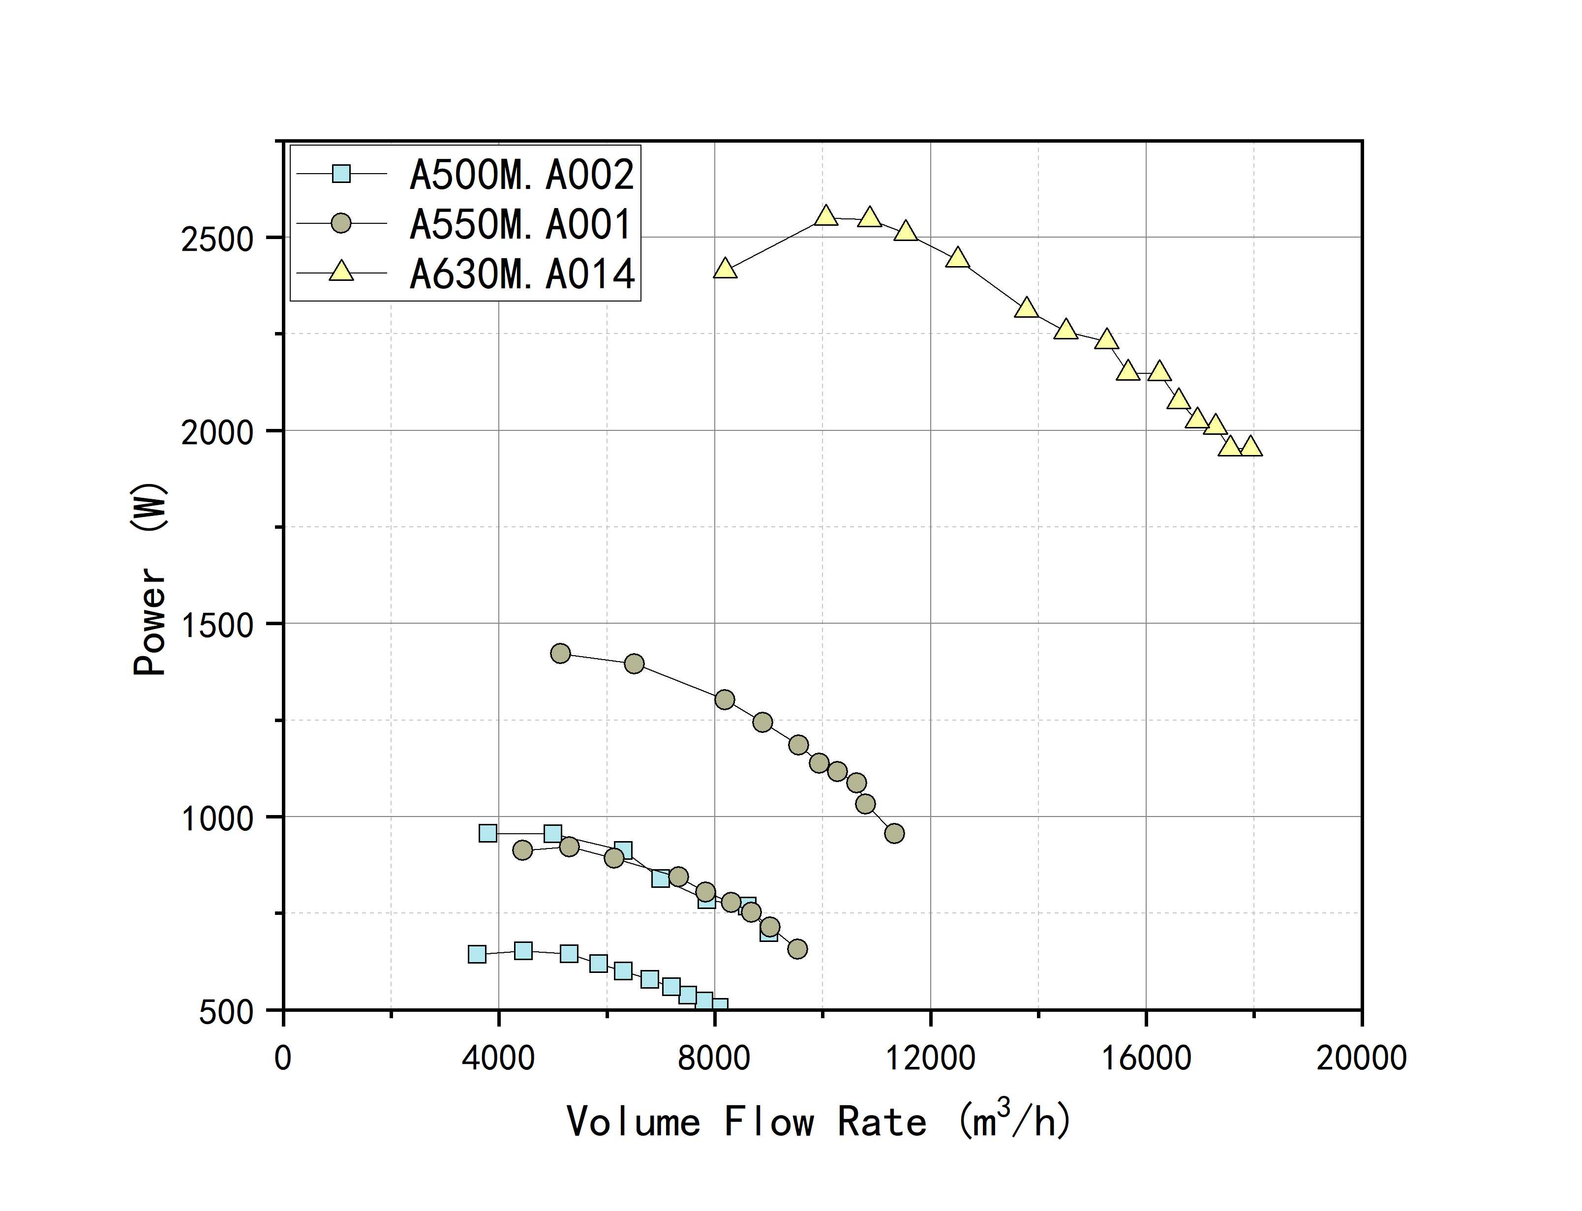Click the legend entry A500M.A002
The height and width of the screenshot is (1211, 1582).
pyautogui.click(x=521, y=175)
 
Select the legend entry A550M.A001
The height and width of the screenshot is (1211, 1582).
pyautogui.click(x=521, y=224)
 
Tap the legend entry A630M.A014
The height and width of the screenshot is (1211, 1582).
pyautogui.click(x=521, y=274)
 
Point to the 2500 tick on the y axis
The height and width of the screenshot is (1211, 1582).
pyautogui.click(x=217, y=239)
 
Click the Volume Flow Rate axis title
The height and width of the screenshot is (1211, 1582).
pyautogui.click(x=819, y=1121)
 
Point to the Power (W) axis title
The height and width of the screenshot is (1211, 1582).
pyautogui.click(x=150, y=579)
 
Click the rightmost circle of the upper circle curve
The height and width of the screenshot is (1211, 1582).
pyautogui.click(x=894, y=833)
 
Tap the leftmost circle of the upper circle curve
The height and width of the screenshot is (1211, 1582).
pyautogui.click(x=561, y=654)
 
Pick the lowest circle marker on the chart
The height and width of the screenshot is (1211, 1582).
pyautogui.click(x=797, y=949)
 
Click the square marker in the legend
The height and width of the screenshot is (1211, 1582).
pyautogui.click(x=341, y=174)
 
